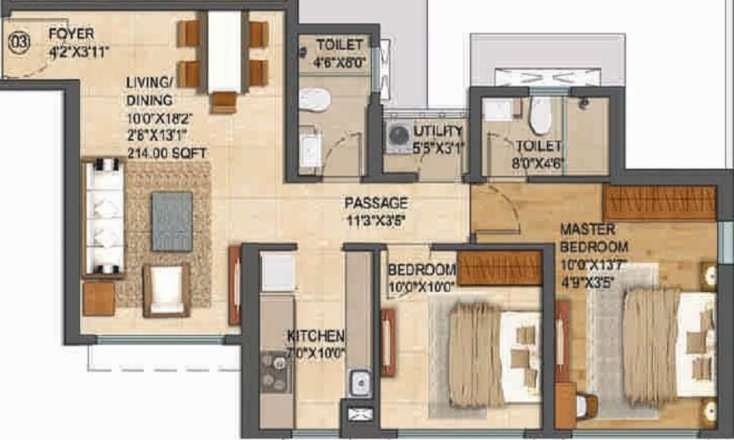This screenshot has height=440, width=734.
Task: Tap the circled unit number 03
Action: (x=18, y=42)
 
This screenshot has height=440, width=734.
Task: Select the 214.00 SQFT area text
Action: (x=166, y=153)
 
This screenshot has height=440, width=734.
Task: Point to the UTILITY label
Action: (x=438, y=131)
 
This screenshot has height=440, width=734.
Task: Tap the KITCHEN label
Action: (x=316, y=337)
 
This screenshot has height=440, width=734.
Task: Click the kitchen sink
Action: (x=359, y=381)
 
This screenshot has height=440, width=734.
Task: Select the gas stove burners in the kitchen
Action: (x=276, y=373)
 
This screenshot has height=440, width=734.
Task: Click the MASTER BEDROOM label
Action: (x=594, y=238)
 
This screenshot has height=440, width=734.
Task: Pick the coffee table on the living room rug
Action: (x=172, y=221)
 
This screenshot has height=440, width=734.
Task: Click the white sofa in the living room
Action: (x=103, y=217)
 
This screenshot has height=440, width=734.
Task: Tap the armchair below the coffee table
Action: (x=167, y=290)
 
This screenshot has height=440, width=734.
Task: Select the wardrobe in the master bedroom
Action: (x=659, y=202)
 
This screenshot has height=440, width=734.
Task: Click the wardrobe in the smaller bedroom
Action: (x=499, y=268)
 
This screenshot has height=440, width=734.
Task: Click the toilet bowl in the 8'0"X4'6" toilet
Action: (x=540, y=114)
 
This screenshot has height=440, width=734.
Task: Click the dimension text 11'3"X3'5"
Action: (x=377, y=218)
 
